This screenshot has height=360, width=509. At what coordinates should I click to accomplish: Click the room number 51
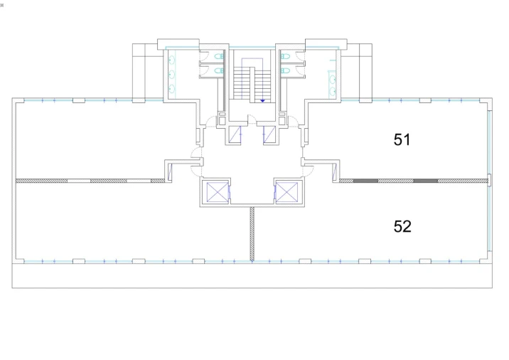pos(402,139)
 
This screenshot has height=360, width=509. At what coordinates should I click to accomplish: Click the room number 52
pos(402,226)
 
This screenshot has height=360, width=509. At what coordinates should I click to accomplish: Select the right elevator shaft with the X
pos(287,192)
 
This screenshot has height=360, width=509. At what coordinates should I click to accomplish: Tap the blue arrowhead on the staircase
pos(262,101)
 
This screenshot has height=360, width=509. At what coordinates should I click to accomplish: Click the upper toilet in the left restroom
pos(219,56)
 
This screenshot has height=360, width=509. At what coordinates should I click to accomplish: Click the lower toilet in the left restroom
pos(219,70)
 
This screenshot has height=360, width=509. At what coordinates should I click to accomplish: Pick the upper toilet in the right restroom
pos(285,56)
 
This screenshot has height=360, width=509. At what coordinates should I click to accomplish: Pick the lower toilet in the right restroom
pos(285,70)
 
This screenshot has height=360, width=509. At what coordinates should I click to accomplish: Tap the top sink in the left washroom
pos(172,60)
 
